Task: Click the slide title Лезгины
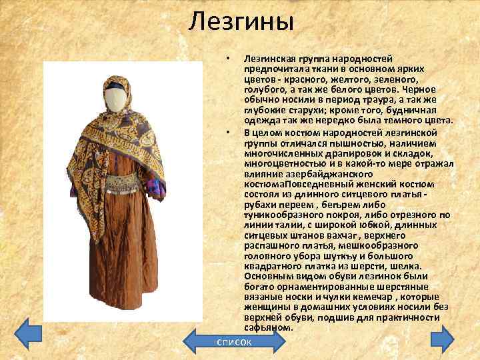[x=241, y=22]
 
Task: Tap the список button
[x=233, y=341]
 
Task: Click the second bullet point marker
[x=228, y=131]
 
